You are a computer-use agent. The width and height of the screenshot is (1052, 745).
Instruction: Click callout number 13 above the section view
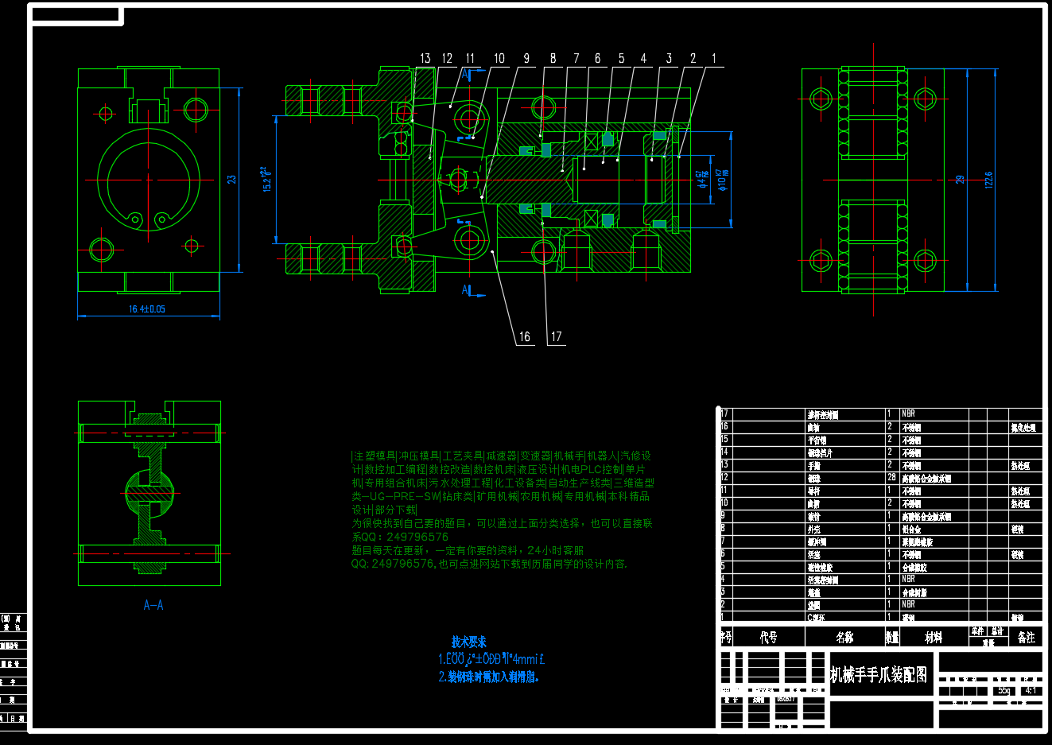pos(425,58)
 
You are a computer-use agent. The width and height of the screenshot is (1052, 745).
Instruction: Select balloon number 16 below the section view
pos(525,336)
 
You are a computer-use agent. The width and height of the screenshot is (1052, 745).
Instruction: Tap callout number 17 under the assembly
pos(556,336)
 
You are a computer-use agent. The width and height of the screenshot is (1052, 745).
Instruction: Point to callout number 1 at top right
pos(713,58)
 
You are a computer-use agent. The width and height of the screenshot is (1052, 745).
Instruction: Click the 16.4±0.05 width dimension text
pos(147,309)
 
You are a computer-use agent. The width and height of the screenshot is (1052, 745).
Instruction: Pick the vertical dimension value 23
pos(232,180)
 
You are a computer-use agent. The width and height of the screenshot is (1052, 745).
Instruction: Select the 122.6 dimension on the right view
pos(989,180)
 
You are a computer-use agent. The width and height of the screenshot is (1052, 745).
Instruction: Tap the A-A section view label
pos(153,606)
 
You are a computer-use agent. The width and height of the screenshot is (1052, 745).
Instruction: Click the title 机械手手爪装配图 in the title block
pos(879,675)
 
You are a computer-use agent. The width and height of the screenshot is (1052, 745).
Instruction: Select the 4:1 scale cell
pos(1031,690)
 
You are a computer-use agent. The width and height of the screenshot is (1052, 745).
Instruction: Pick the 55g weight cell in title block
pos(1004,690)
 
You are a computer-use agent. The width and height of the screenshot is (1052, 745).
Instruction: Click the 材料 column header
pos(934,637)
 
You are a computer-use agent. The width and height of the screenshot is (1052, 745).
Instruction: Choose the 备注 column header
pos(1027,637)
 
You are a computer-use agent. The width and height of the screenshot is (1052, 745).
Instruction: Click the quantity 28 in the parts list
pos(891,478)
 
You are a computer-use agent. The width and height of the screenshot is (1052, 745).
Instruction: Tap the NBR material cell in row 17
pos(908,413)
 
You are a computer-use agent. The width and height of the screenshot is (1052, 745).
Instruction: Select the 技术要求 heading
pos(468,642)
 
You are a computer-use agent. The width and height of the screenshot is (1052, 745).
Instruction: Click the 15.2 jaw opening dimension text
pos(267,179)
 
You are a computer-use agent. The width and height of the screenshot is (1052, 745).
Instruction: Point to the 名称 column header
pos(844,637)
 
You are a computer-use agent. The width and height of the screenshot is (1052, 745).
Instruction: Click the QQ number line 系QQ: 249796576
pos(400,537)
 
